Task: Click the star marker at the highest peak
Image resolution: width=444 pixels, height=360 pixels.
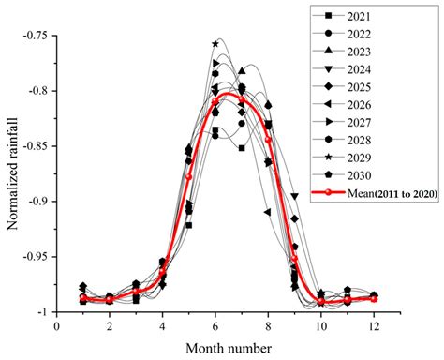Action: [215, 43]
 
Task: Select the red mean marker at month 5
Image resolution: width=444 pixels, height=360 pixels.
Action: [188, 176]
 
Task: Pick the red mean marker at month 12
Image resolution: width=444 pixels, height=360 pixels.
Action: [374, 298]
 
